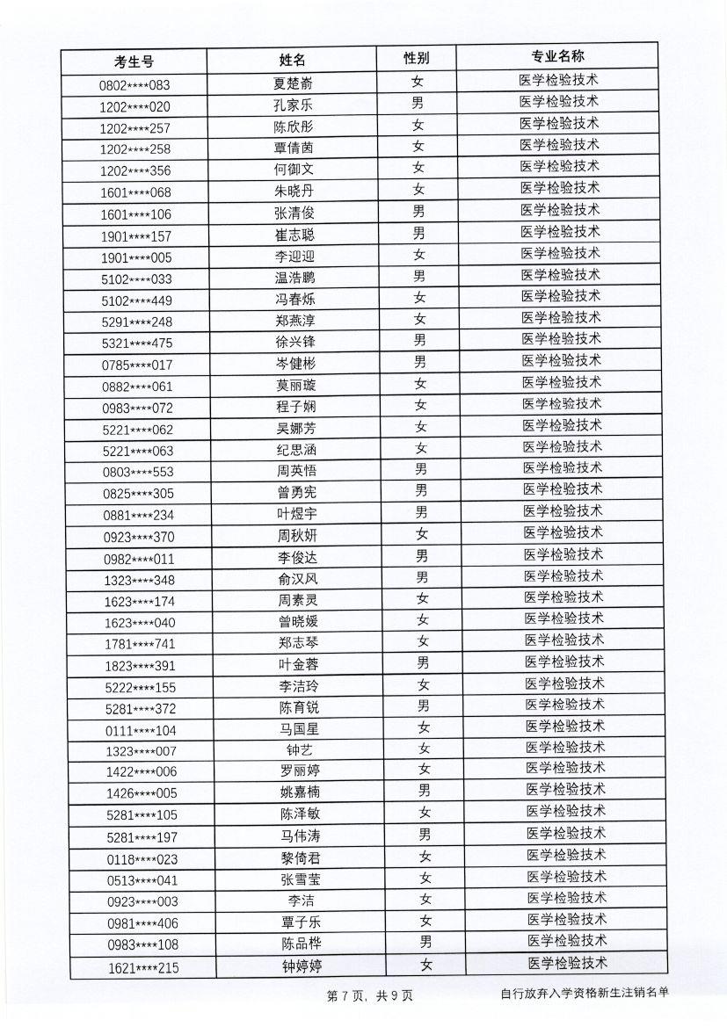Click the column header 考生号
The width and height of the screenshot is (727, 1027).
(134, 61)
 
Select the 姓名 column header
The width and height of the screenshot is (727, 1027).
(293, 60)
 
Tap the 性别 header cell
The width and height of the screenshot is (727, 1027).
(417, 58)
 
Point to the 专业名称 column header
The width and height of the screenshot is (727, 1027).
(557, 57)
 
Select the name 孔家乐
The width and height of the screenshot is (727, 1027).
(294, 105)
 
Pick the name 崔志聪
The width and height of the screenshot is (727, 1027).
(294, 235)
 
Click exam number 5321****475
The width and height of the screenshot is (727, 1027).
(137, 343)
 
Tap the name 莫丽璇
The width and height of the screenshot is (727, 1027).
(295, 385)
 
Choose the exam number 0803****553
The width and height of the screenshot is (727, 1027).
(138, 472)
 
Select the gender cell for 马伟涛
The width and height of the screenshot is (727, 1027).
(425, 834)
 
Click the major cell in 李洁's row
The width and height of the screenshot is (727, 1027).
(567, 897)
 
